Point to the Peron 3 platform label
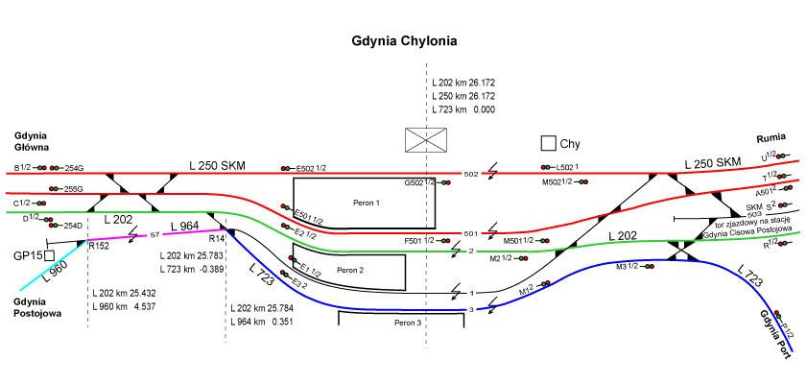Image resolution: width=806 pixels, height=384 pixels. click(407, 323)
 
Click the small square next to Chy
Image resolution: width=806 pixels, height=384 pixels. click(548, 143)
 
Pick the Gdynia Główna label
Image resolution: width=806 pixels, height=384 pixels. click(32, 141)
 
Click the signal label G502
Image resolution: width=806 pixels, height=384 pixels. click(414, 182)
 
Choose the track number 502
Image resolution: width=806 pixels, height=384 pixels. click(470, 175)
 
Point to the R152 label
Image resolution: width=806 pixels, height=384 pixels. click(98, 246)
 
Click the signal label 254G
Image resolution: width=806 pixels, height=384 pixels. click(74, 168)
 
